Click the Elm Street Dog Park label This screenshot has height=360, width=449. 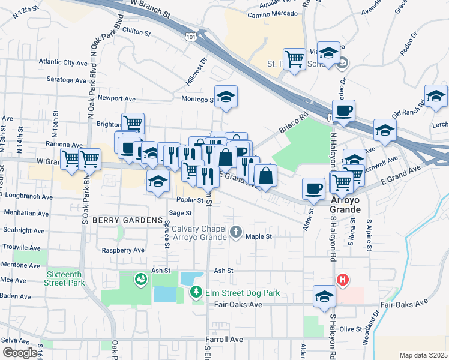[243, 293]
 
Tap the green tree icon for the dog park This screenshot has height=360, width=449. [196, 292]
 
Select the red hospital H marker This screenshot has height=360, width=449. [342, 280]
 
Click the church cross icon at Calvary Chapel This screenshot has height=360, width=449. [237, 232]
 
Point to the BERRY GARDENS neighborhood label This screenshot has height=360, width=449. [119, 220]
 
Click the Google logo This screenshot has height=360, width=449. [19, 353]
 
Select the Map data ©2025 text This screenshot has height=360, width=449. [423, 355]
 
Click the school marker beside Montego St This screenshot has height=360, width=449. [226, 97]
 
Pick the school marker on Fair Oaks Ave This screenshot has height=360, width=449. [324, 296]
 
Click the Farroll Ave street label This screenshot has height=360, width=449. [224, 340]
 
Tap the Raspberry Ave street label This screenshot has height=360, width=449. [123, 250]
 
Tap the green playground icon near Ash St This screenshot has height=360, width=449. [140, 278]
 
